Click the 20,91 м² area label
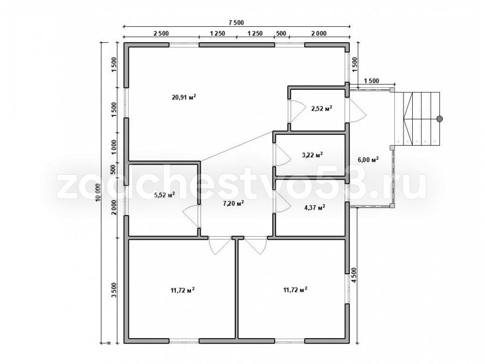coord(184,97)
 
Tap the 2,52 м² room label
coord(322,108)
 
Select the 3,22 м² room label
coord(312,155)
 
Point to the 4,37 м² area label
coord(315,208)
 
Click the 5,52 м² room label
coord(164,195)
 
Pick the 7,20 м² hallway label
coord(233,203)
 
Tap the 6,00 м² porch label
coord(369,159)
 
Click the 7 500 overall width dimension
coord(236,22)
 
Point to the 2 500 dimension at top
coord(161,33)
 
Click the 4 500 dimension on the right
coord(354,274)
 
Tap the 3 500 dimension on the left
coord(114,290)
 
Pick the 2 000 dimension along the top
coord(319,33)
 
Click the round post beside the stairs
coord(439,118)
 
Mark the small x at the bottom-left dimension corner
coord(109,343)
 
